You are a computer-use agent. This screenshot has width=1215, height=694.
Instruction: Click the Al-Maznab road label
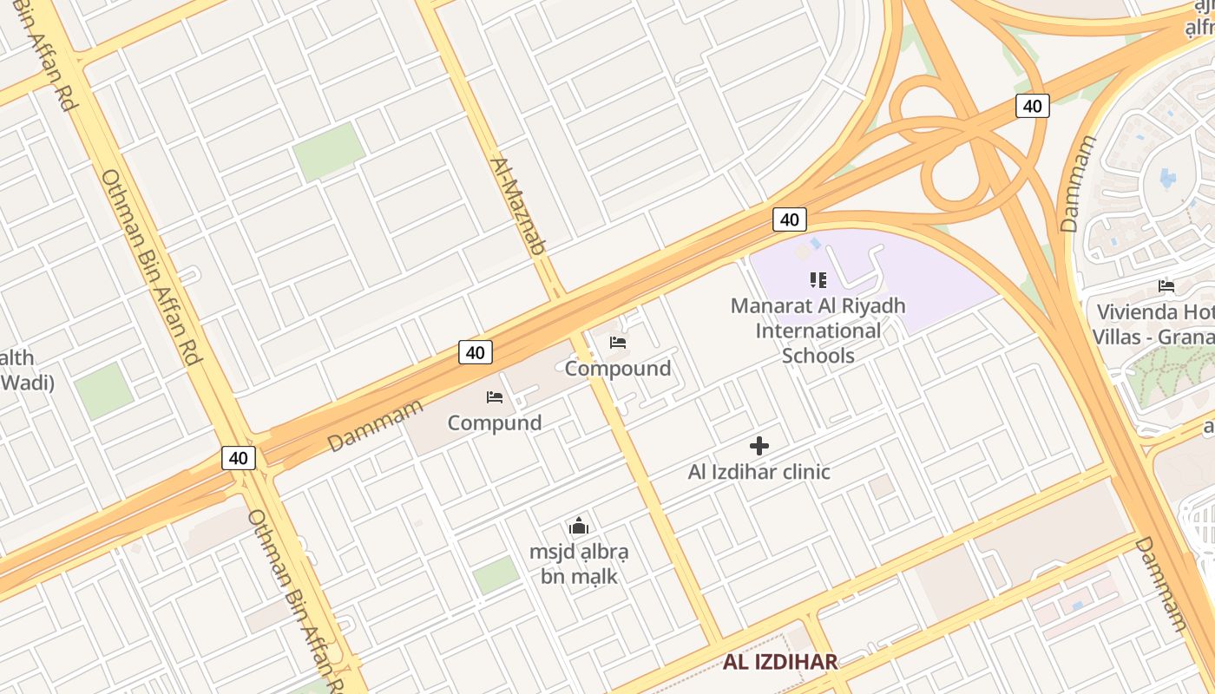pyautogui.click(x=517, y=206)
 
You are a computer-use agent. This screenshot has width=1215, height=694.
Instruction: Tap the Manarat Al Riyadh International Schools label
pyautogui.click(x=818, y=331)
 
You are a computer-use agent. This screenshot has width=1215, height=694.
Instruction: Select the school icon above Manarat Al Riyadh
pyautogui.click(x=818, y=279)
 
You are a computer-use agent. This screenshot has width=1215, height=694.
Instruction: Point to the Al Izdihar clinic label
pyautogui.click(x=759, y=472)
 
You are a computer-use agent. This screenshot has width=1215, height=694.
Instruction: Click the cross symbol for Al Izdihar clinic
pyautogui.click(x=759, y=447)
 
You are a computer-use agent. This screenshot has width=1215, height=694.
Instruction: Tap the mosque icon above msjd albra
pyautogui.click(x=579, y=526)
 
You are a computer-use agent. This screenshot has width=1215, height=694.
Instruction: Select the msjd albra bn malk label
pyautogui.click(x=579, y=563)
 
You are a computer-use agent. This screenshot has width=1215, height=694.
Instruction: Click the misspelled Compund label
pyautogui.click(x=494, y=422)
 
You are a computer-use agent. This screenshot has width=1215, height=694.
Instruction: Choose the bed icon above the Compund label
pyautogui.click(x=495, y=397)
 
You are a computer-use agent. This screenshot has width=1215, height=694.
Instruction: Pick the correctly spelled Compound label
pyautogui.click(x=617, y=369)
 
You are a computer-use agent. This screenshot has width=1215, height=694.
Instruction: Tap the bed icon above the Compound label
pyautogui.click(x=618, y=343)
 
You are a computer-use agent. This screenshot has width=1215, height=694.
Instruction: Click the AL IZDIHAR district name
pyautogui.click(x=780, y=662)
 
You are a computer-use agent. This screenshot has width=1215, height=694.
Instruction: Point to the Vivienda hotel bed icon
pyautogui.click(x=1166, y=286)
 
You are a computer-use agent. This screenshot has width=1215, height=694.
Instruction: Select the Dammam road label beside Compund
pyautogui.click(x=375, y=425)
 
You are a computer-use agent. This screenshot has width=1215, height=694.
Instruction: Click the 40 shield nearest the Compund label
pyautogui.click(x=475, y=352)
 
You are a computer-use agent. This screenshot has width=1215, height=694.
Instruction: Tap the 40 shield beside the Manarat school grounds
pyautogui.click(x=789, y=219)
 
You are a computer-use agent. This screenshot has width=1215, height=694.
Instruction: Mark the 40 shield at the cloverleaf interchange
pyautogui.click(x=1032, y=106)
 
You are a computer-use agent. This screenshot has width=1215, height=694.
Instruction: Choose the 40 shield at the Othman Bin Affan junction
pyautogui.click(x=239, y=458)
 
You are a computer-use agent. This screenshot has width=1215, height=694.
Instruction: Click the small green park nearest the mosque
pyautogui.click(x=496, y=574)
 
